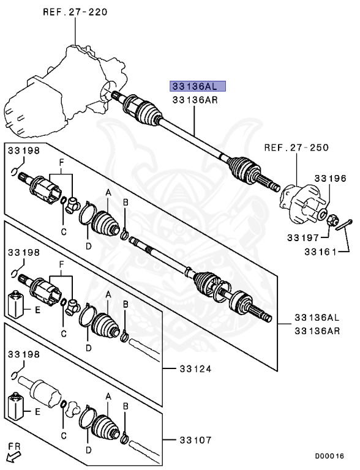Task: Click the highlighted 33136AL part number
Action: [197, 86]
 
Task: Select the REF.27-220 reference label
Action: [75, 11]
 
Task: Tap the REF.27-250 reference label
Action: [296, 147]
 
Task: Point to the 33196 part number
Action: [331, 178]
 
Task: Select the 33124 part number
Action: [195, 368]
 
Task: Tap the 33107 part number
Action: [195, 439]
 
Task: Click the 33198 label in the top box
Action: [23, 150]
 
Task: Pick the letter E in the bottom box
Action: [37, 412]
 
